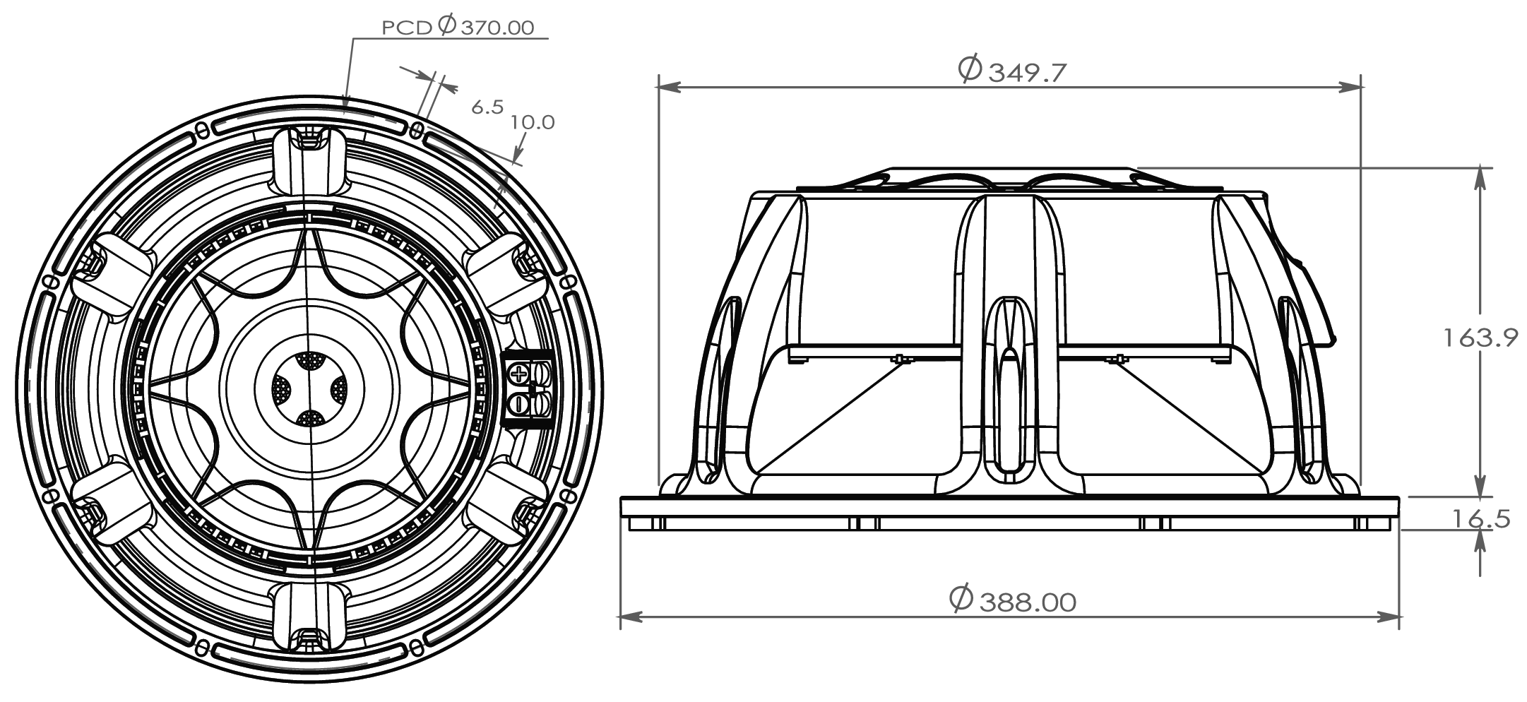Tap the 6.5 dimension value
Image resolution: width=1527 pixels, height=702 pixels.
(487, 107)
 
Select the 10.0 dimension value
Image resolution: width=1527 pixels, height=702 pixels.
(533, 122)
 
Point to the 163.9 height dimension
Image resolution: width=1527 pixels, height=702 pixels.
(1480, 338)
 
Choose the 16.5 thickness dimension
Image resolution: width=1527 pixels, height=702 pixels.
(1481, 519)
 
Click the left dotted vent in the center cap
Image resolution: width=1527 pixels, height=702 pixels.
(282, 389)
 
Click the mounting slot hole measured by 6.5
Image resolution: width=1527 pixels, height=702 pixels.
(418, 130)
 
